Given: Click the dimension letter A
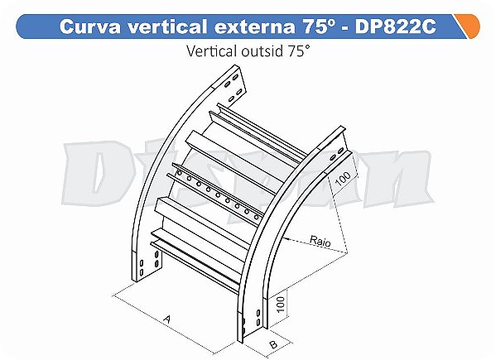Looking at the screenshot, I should tap(167, 317).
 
